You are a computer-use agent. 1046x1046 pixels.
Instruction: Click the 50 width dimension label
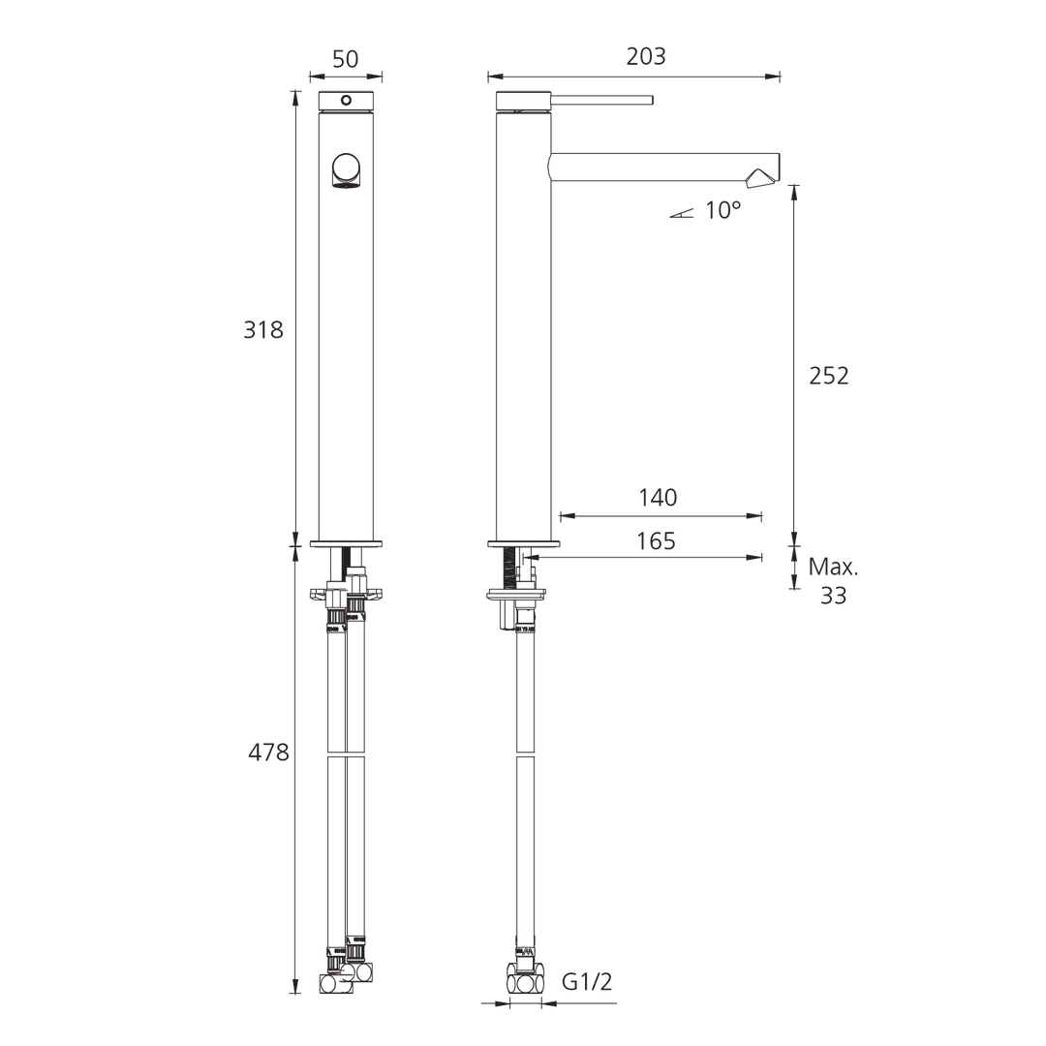pos(346,58)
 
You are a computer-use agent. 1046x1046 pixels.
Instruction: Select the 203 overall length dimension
pos(646,56)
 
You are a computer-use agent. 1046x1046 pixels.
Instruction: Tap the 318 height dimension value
pos(263,329)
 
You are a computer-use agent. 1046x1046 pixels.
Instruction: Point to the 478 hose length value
pos(269,752)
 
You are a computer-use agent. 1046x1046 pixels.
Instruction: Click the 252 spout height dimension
pos(829,376)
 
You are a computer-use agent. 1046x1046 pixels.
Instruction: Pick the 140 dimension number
pos(658,498)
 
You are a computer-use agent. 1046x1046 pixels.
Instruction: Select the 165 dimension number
pos(656,541)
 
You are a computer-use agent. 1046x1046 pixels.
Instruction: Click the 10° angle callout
pos(723,211)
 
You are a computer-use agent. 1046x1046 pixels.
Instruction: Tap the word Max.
pos(834,568)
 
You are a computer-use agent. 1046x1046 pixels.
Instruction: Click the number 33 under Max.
pos(833,596)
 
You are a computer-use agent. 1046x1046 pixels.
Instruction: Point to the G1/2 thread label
pos(587,982)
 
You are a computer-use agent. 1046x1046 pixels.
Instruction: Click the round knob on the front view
pos(346,170)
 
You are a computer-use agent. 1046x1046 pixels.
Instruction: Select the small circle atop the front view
pos(346,100)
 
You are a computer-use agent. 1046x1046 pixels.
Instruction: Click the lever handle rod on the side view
pos(602,100)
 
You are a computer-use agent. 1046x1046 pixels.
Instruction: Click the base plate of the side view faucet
pos(527,544)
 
